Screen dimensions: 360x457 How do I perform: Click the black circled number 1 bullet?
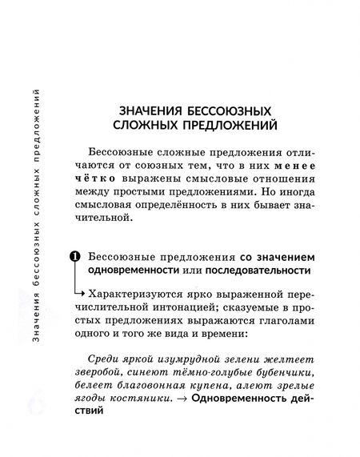tap(74, 257)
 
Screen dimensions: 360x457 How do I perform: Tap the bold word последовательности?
tap(258, 273)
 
